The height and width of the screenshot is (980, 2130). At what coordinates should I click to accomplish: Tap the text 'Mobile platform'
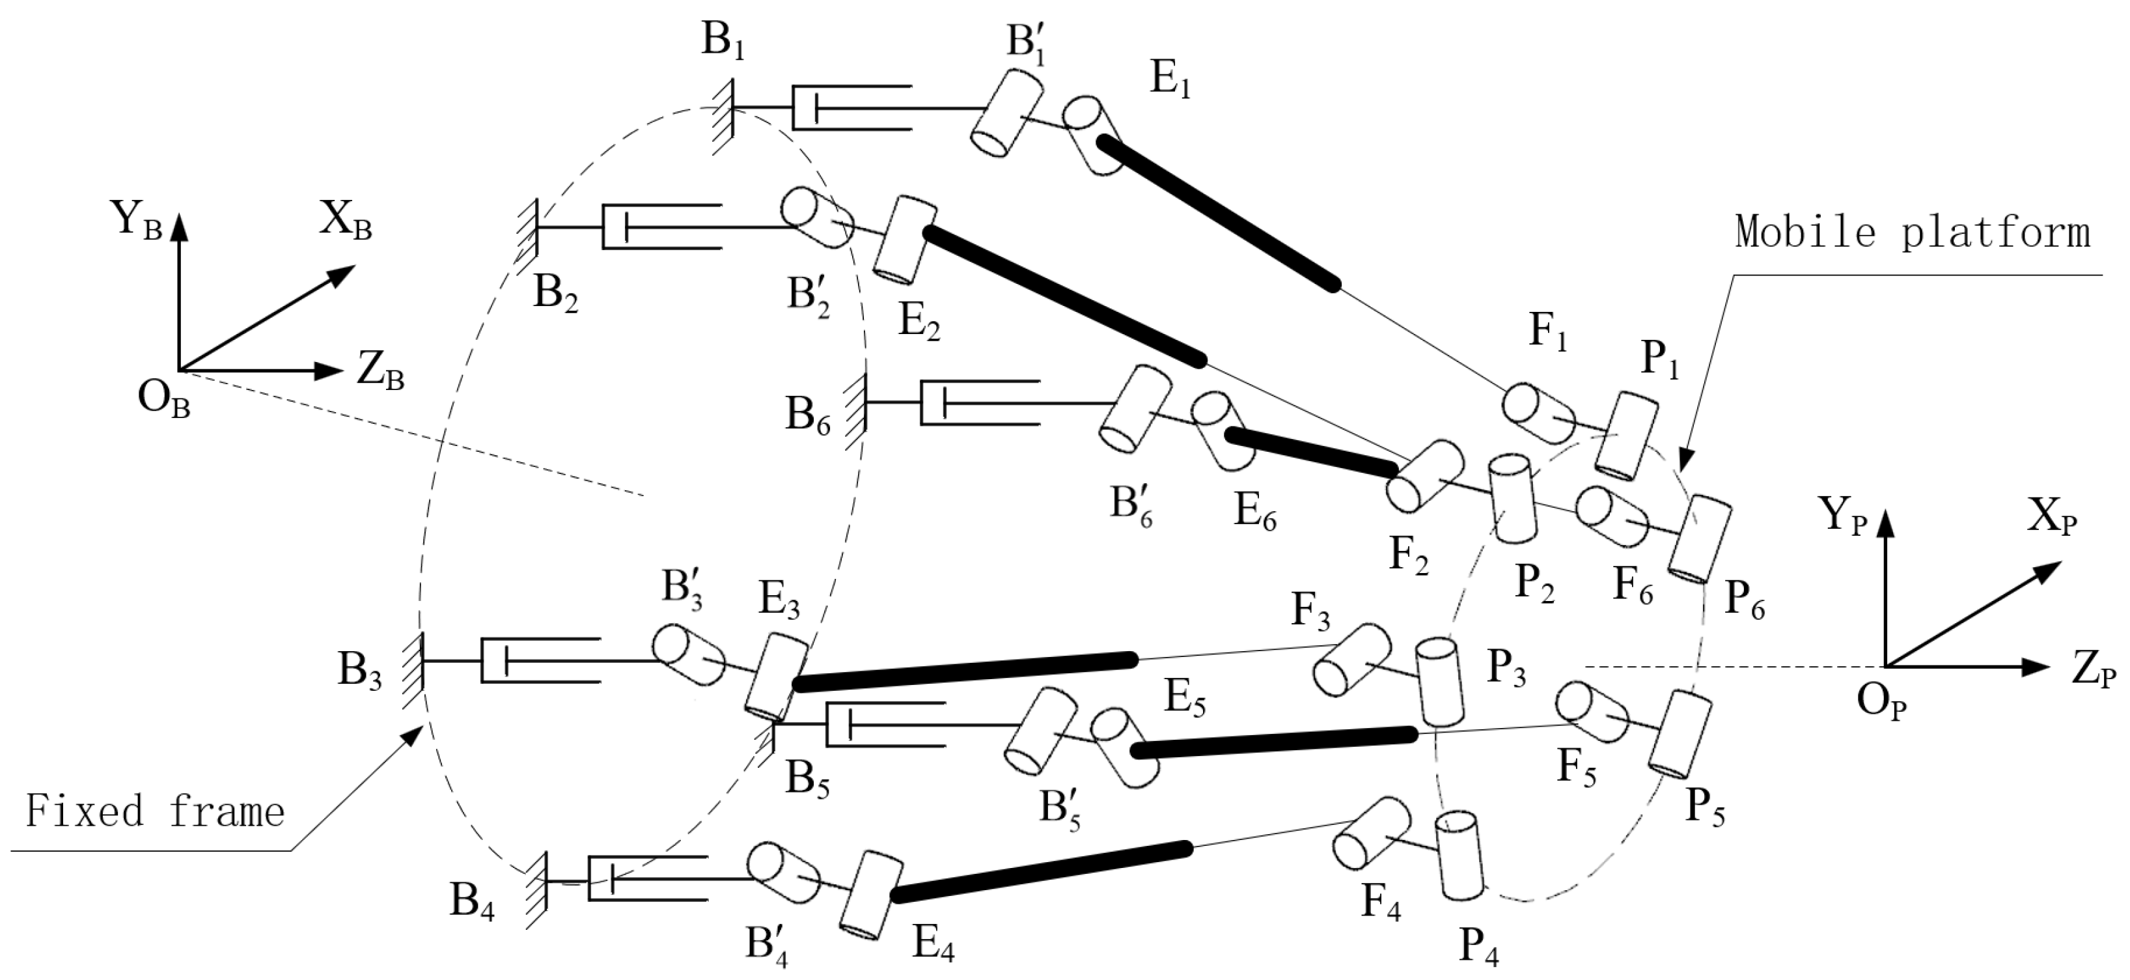(1913, 232)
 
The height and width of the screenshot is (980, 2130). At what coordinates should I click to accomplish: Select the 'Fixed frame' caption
(155, 811)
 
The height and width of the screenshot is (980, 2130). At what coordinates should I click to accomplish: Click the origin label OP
(1882, 704)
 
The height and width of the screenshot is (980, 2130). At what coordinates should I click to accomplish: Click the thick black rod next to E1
(1218, 214)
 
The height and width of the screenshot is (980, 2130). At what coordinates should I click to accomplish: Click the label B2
(555, 294)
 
